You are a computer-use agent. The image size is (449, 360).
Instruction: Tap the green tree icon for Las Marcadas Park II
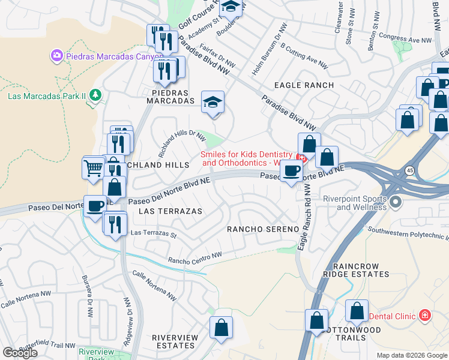click(94, 95)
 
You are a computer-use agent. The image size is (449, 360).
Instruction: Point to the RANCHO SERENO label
click(262, 229)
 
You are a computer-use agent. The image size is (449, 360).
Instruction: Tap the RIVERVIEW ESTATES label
click(175, 342)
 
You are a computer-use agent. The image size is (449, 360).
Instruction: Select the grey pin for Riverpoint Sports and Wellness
click(395, 203)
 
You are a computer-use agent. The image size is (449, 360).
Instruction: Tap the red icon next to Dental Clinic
click(425, 315)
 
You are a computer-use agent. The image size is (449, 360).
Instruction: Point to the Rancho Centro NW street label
click(195, 257)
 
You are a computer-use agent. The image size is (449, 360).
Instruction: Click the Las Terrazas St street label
click(153, 233)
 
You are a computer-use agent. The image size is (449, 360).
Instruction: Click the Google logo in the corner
click(20, 352)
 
